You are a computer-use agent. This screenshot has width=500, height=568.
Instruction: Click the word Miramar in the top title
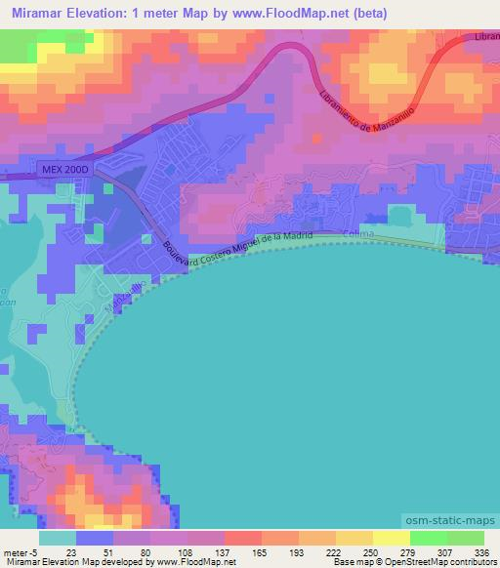(x=44, y=14)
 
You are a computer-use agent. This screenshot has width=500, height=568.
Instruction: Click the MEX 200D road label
(x=65, y=169)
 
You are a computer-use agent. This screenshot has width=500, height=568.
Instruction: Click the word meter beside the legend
(x=15, y=551)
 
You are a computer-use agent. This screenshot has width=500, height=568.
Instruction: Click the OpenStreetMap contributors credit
(x=445, y=562)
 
